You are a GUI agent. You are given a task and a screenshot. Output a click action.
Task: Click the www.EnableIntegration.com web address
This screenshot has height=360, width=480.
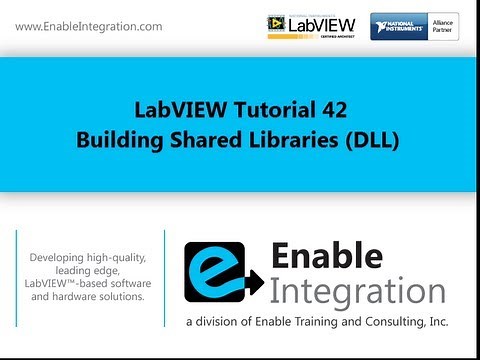[x=89, y=26]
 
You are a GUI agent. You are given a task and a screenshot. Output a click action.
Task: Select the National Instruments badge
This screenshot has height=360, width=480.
[x=399, y=26]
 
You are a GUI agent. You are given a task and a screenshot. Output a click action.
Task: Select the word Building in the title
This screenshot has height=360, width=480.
[x=117, y=140]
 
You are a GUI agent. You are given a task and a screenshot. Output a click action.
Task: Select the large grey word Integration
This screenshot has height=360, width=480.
[x=356, y=292]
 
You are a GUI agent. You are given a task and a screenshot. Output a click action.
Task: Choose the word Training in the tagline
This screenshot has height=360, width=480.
[x=315, y=322]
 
